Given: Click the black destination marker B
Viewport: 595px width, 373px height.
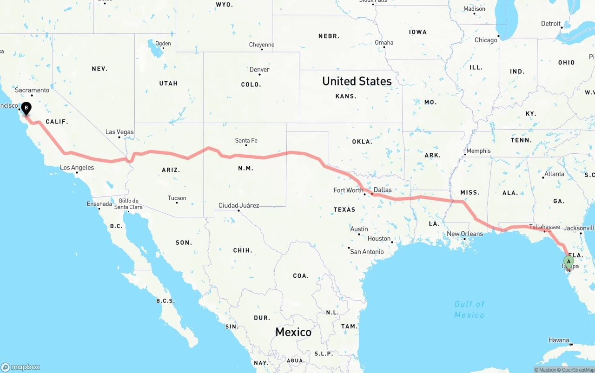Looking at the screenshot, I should (26, 109).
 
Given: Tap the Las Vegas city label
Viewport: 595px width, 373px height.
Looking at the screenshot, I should (119, 132).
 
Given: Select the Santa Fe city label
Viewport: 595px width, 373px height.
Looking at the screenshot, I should (246, 140).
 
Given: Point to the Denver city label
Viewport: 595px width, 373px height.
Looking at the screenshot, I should (259, 70).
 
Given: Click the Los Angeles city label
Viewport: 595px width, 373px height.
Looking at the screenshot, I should (77, 168).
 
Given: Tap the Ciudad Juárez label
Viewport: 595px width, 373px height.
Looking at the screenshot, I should (239, 205).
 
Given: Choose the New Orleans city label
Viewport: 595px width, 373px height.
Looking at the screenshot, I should (465, 234).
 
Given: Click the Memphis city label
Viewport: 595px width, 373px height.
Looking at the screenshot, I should (478, 151).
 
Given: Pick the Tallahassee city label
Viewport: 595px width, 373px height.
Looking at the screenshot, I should (544, 227).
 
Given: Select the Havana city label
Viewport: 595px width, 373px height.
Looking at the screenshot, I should (559, 340).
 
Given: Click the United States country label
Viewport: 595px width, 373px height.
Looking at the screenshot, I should (357, 81).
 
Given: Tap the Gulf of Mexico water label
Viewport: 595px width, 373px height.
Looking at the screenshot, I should (469, 309).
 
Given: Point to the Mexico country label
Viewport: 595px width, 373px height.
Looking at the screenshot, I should (293, 332).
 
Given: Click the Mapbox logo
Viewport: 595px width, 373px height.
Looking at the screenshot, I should (20, 367).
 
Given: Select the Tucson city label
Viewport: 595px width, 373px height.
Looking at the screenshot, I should (177, 198).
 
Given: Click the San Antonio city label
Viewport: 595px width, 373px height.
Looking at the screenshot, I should (367, 252).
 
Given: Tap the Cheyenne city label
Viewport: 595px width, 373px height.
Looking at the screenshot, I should (262, 45).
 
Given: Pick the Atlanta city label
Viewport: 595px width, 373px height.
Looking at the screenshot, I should (554, 174).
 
